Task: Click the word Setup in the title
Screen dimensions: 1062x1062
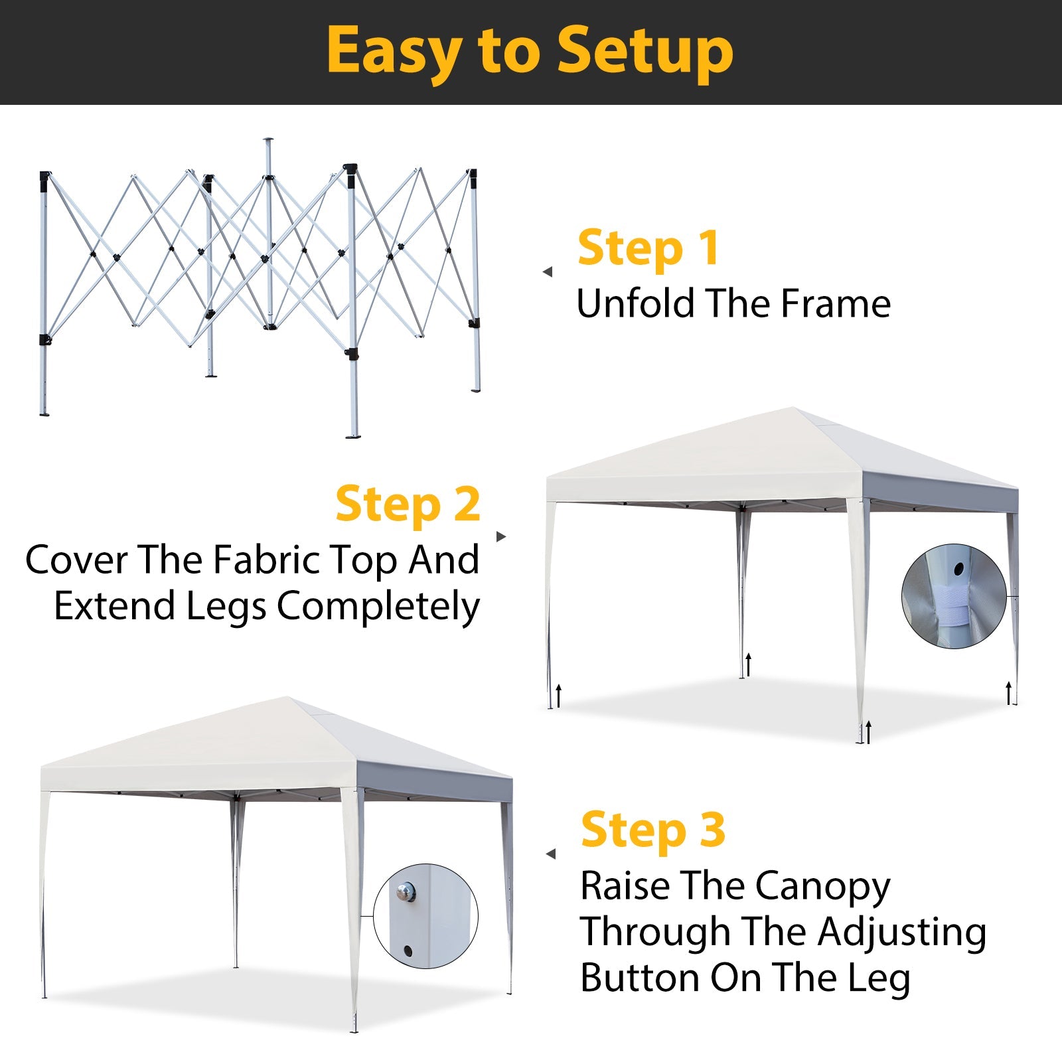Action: pyautogui.click(x=645, y=52)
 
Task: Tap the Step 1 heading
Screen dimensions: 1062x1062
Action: pyautogui.click(x=648, y=248)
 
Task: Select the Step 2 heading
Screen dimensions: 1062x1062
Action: pyautogui.click(x=408, y=505)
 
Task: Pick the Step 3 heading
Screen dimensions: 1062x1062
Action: pyautogui.click(x=653, y=830)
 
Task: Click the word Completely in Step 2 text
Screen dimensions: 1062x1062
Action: pyautogui.click(x=378, y=607)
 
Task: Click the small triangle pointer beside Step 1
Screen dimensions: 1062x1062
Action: pyautogui.click(x=548, y=271)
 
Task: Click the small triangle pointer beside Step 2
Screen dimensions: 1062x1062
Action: pyautogui.click(x=501, y=536)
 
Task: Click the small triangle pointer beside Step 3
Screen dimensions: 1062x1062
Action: pyautogui.click(x=550, y=854)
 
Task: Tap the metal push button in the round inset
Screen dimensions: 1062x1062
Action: pyautogui.click(x=406, y=891)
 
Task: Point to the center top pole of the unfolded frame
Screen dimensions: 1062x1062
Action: pyautogui.click(x=268, y=159)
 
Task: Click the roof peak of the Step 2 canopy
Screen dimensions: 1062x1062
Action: pyautogui.click(x=793, y=410)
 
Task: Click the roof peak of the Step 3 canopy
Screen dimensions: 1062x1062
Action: pyautogui.click(x=287, y=699)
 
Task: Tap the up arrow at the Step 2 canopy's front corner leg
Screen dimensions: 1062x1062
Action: pyautogui.click(x=868, y=732)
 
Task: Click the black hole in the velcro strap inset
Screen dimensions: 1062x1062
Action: pyautogui.click(x=958, y=569)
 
